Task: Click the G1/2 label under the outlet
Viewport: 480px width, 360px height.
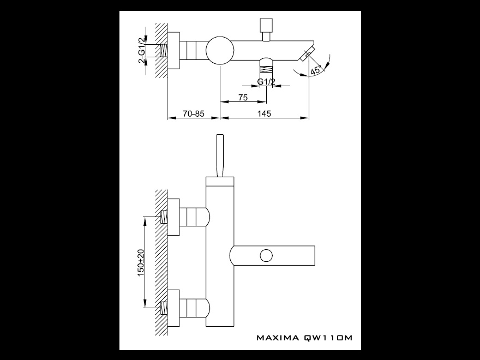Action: point(266,82)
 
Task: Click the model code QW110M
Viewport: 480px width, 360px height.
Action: point(328,338)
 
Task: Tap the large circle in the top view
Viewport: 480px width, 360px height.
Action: point(220,51)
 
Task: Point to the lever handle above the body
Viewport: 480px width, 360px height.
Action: point(221,155)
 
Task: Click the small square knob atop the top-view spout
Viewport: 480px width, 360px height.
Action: point(266,25)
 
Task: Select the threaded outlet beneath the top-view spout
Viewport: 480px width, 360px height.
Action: point(266,69)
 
